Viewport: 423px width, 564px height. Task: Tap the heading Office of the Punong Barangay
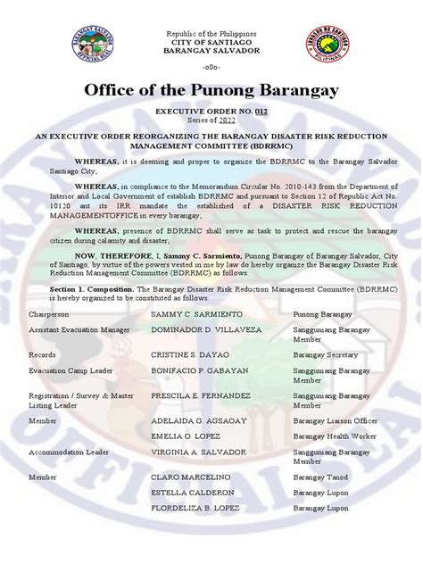tap(211, 93)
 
